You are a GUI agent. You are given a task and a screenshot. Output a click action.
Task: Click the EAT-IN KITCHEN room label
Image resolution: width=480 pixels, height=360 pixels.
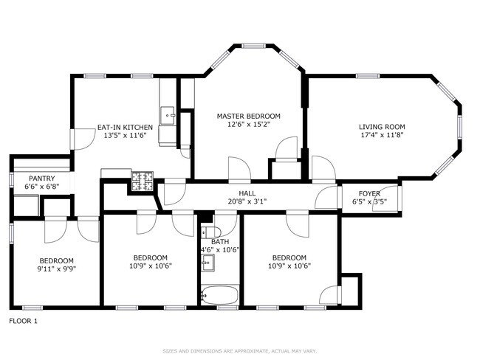click(x=125, y=127)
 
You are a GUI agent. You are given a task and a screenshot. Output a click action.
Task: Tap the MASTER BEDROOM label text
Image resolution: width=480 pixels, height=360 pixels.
click(x=248, y=116)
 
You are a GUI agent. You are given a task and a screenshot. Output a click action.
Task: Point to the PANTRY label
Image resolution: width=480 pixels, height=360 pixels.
click(x=41, y=179)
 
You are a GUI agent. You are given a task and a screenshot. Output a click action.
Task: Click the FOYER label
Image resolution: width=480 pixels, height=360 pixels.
click(x=369, y=194)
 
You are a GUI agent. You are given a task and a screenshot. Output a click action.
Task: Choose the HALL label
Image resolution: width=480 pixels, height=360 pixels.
click(x=236, y=193)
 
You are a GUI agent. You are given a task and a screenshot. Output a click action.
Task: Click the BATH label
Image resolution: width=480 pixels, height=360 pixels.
click(x=219, y=241)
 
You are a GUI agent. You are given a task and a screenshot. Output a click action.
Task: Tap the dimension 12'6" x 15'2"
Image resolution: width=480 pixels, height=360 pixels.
click(x=248, y=125)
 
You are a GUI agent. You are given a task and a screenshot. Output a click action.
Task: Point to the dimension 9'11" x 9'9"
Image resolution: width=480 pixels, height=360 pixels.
click(x=56, y=269)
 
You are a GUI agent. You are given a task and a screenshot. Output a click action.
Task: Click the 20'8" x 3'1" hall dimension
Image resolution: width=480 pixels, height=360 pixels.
click(x=237, y=201)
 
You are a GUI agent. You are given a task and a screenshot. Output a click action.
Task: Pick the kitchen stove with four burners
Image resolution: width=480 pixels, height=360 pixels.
click(x=140, y=179)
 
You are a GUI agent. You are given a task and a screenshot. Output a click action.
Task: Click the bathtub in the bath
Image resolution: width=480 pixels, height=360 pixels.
click(x=219, y=296)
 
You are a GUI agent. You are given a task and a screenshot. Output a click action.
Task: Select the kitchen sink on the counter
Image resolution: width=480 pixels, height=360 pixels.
click(x=168, y=114)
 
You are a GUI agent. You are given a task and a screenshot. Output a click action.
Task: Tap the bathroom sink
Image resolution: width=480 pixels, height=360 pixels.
click(x=208, y=261)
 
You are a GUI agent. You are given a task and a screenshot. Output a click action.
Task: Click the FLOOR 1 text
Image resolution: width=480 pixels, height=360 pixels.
click(x=23, y=321)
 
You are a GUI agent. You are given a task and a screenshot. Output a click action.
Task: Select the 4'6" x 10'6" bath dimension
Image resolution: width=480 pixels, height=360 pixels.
click(x=219, y=250)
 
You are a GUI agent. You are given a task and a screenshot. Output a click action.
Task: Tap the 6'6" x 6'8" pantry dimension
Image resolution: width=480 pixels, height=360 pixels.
click(x=41, y=187)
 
